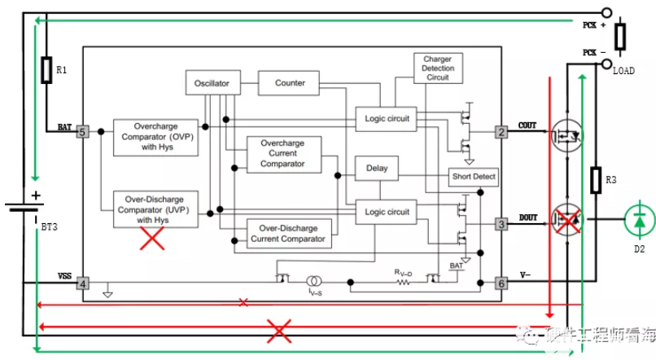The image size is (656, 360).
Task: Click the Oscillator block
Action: pos(212,83)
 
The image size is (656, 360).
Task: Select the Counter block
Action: pos(290,83)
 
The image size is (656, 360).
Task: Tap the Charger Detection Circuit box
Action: pos(438,69)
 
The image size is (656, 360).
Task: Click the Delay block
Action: pos(377,169)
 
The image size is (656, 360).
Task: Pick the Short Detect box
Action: pos(473,176)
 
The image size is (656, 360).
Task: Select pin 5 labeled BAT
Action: pos(81,131)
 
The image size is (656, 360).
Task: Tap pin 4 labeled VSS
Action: pos(81,284)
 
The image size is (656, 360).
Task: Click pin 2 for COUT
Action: pos(502,131)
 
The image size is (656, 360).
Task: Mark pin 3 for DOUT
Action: pos(502,222)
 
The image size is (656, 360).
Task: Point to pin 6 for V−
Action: pos(502,283)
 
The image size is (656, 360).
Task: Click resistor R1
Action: pos(47,70)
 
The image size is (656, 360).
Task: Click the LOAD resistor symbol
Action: pos(619,35)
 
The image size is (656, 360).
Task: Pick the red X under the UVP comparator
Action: pos(152,239)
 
